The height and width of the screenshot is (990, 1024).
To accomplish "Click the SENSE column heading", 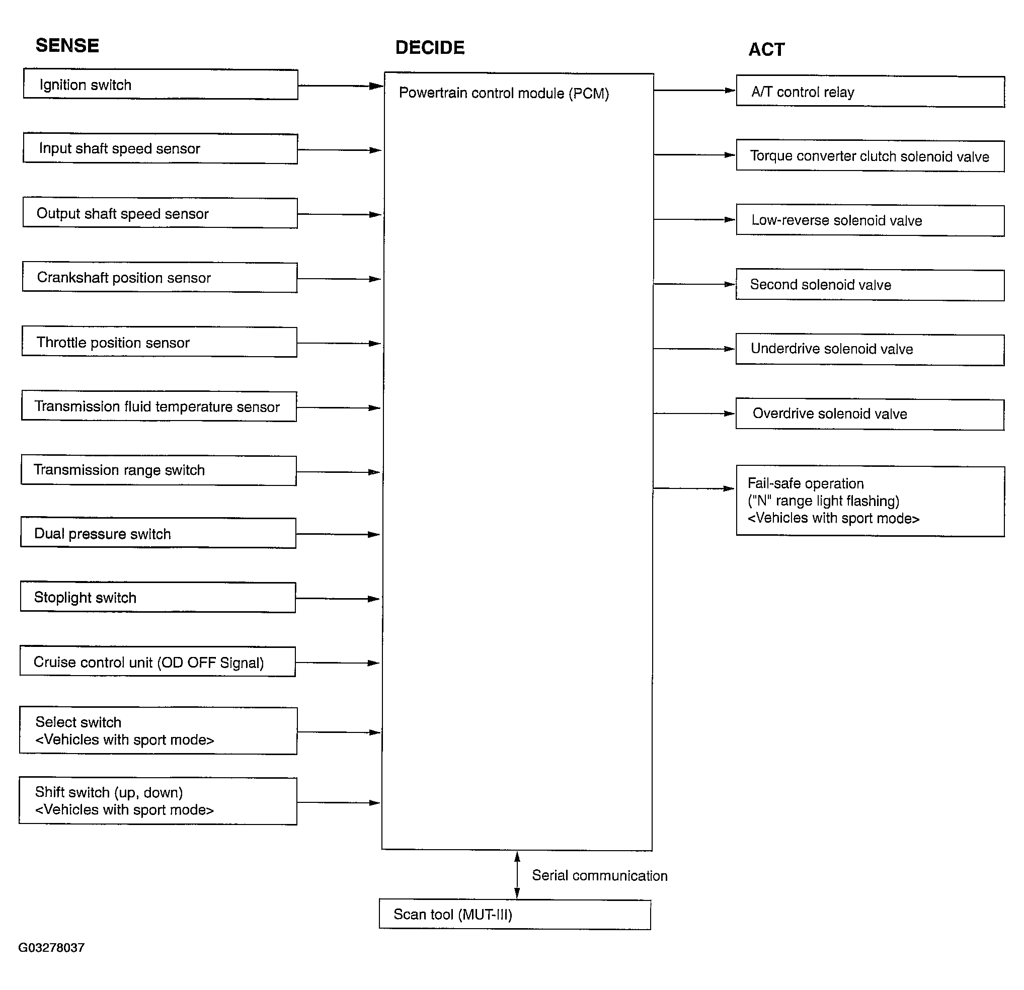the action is point(67,45).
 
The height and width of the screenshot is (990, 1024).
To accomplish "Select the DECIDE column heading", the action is point(430,48).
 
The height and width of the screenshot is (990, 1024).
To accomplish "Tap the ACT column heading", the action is point(766,50).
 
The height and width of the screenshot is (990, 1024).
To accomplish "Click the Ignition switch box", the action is point(161,84).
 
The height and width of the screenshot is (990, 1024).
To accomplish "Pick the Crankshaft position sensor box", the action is point(160,277).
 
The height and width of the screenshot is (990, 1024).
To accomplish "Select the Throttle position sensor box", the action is point(160,342).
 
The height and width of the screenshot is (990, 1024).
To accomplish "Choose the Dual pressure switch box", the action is point(159,533).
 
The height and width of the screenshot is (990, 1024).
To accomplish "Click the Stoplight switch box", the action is point(158,597).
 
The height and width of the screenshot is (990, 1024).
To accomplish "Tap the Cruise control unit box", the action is point(158,662).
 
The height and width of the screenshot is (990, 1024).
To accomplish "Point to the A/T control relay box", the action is point(871,92).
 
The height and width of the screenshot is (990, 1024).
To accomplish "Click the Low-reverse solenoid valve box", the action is point(871,220).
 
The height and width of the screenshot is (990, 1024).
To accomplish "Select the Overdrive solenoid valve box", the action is point(871,415).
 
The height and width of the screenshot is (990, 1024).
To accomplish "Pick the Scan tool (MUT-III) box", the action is point(515,914).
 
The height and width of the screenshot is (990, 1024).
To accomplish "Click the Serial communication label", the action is point(600,876).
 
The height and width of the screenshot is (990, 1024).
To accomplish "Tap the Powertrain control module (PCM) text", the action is point(504,93).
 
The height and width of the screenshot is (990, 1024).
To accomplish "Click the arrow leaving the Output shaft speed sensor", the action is point(340,214).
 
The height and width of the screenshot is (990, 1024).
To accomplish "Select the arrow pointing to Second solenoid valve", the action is point(695,284).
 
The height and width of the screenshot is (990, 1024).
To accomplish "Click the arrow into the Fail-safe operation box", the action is point(694,488).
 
